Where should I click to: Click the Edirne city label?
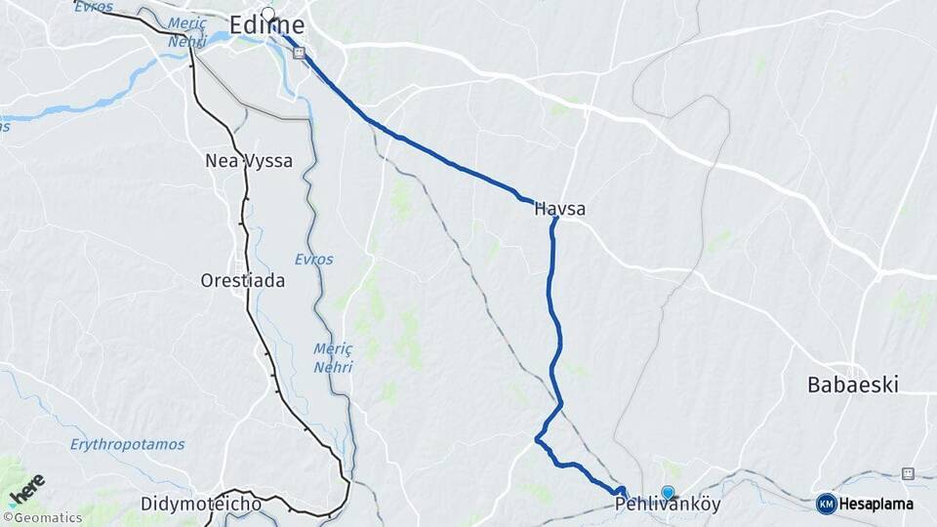267,25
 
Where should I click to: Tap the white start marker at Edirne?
267,13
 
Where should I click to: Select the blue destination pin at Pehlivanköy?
668,494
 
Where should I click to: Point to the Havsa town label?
560,208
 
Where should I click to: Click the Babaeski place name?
852,385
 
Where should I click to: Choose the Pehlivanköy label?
668,507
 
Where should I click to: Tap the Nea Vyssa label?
249,161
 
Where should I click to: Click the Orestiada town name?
242,281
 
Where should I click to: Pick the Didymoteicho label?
200,505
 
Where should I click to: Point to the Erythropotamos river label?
127,444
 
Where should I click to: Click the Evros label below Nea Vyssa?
313,260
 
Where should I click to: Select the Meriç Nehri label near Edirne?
186,32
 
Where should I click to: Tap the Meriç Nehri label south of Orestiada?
333,357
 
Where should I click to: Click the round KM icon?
826,504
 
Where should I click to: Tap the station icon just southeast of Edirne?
299,54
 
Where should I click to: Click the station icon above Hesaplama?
908,473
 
